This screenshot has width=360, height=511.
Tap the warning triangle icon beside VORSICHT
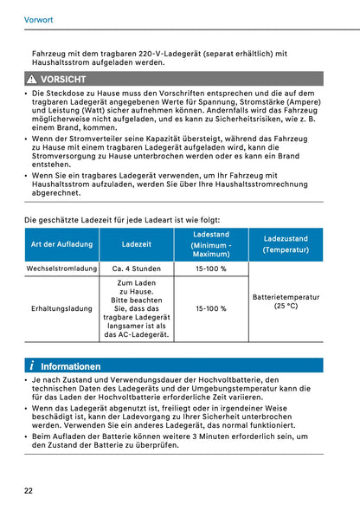[30, 79]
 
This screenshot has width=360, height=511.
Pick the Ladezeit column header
[137, 244]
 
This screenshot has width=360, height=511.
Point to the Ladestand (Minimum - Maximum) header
[211, 244]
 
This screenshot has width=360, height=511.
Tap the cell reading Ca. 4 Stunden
[137, 268]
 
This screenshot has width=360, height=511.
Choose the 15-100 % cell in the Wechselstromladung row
[211, 268]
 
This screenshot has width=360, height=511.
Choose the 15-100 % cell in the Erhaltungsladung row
[211, 308]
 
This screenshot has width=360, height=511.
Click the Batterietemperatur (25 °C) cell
[286, 301]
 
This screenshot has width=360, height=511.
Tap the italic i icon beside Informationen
[30, 365]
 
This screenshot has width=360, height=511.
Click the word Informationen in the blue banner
[70, 365]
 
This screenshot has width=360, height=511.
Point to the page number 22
[29, 490]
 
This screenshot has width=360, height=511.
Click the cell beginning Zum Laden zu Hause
[137, 308]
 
